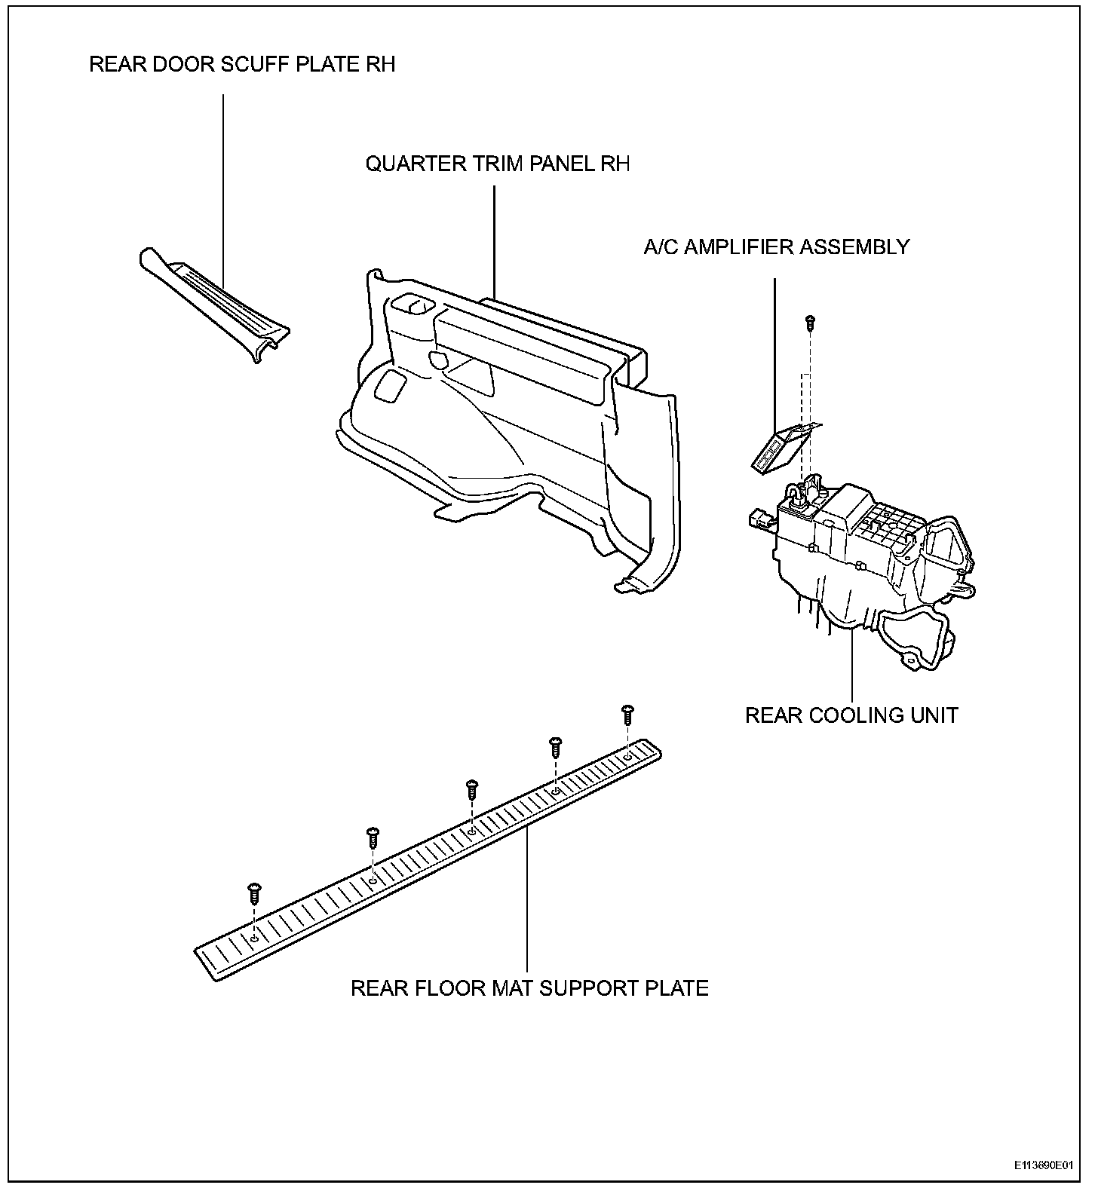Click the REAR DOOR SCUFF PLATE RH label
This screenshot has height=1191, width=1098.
(242, 65)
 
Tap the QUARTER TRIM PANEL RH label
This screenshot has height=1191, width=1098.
(497, 164)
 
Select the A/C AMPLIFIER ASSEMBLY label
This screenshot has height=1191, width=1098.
(776, 247)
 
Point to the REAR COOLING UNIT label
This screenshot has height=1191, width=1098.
(851, 715)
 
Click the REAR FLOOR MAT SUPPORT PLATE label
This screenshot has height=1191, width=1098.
(529, 988)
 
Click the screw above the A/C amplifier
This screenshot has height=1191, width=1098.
(810, 322)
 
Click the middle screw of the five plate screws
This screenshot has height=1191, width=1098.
(472, 789)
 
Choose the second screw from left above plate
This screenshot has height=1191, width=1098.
(373, 837)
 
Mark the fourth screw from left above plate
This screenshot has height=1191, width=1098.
(556, 746)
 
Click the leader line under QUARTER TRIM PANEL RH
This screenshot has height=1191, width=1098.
(494, 241)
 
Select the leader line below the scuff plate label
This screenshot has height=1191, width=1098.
(223, 188)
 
